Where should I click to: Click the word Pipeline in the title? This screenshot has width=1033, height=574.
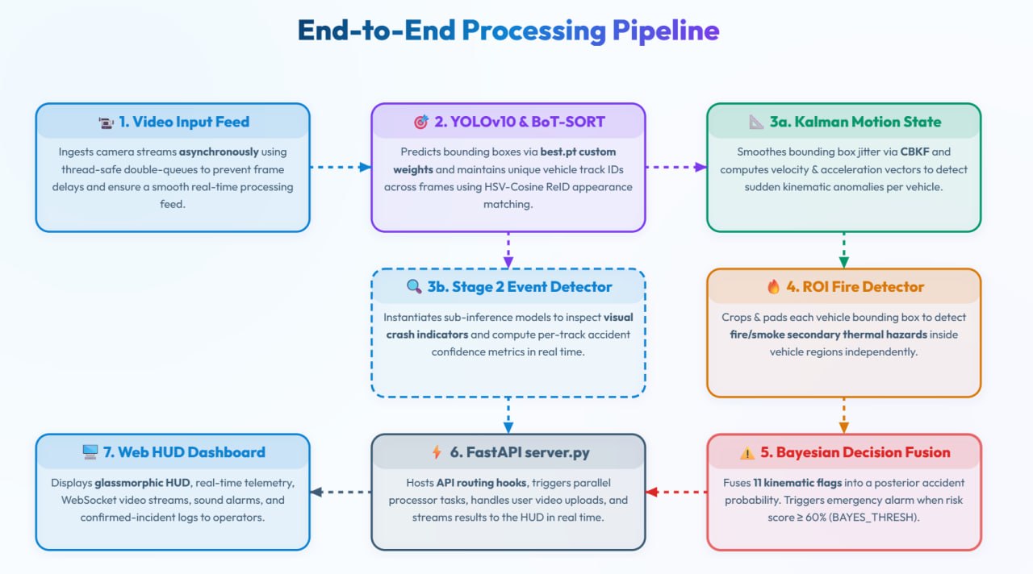[666, 31]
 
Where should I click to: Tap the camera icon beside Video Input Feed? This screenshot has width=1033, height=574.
[106, 123]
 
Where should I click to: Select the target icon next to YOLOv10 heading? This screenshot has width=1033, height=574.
[420, 122]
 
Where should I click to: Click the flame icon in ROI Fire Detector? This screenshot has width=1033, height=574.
[773, 286]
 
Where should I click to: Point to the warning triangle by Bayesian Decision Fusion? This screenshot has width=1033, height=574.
[747, 453]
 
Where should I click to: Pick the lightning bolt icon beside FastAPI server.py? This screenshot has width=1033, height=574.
[437, 452]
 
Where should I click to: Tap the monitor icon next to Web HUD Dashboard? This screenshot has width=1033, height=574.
[90, 452]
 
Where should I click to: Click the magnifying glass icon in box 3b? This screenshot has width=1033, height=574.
[414, 286]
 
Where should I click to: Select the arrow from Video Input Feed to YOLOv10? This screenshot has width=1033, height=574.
[341, 167]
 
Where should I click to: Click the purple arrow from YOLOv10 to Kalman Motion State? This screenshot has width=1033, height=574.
[676, 167]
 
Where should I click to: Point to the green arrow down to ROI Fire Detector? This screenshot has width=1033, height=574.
[843, 250]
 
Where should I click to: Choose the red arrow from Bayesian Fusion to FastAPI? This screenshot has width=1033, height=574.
[676, 492]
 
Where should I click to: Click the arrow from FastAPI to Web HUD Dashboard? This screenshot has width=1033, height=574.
[341, 492]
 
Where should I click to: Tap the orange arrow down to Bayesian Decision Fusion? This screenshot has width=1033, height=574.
[843, 415]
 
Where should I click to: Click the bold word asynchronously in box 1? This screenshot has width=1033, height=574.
[219, 152]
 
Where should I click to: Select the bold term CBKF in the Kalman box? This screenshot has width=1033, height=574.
[914, 152]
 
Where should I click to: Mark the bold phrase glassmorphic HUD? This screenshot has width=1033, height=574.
[142, 483]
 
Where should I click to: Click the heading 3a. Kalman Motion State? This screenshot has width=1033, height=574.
[855, 122]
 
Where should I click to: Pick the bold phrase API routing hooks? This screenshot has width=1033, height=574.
[481, 483]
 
